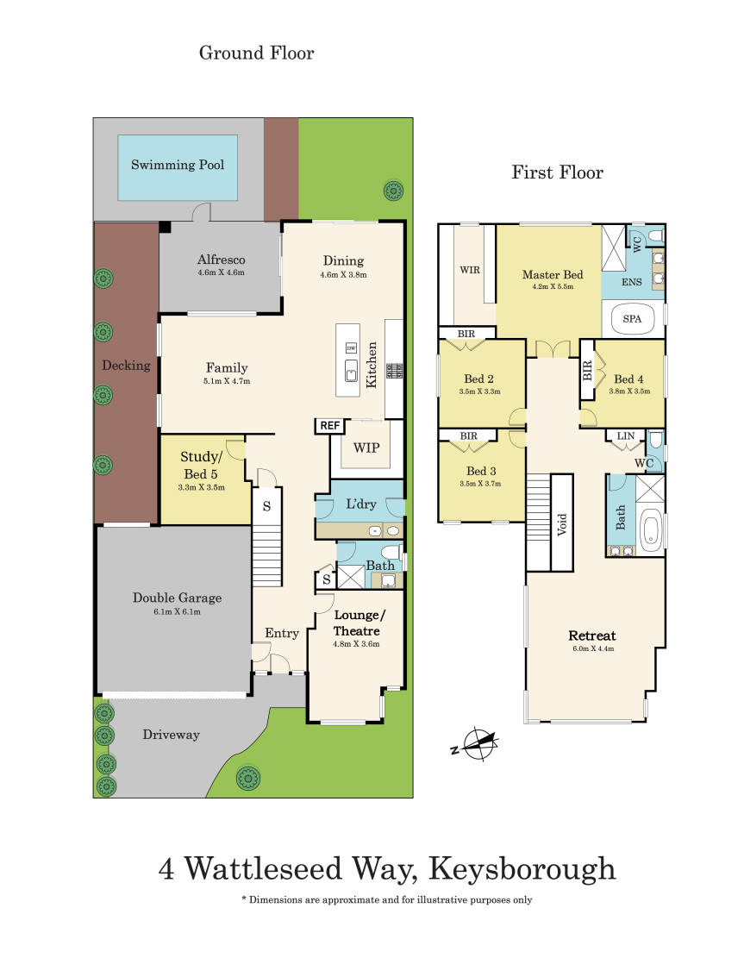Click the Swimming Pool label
[177, 164]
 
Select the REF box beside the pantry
[329, 426]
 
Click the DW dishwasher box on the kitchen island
[351, 348]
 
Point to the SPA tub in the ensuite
[632, 318]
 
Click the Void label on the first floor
[562, 523]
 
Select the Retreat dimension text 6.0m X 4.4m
[592, 649]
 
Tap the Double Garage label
[177, 598]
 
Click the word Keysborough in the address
[519, 868]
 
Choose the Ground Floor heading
[256, 53]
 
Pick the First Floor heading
[557, 172]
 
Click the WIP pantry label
[366, 448]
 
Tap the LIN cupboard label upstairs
[625, 437]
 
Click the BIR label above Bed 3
[468, 436]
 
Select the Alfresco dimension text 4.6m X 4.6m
[221, 272]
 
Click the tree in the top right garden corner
[393, 190]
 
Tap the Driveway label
[171, 735]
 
